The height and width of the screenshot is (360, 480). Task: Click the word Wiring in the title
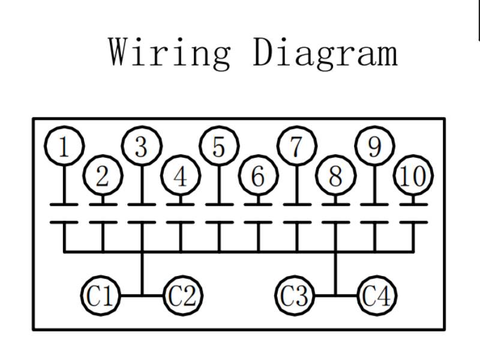click(170, 52)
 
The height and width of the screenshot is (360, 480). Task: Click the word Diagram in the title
click(325, 52)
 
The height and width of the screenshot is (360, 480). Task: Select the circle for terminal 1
click(64, 146)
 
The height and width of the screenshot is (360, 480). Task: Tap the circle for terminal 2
click(103, 176)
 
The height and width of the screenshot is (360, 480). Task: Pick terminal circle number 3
click(142, 146)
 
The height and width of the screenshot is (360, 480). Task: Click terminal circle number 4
click(181, 176)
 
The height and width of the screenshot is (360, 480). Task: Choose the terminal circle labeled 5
click(219, 146)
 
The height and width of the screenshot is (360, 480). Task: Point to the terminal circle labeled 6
click(258, 176)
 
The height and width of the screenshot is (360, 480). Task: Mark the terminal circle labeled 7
click(296, 146)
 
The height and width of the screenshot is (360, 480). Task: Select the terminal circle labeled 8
click(335, 176)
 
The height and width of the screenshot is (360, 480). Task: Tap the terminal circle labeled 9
click(374, 146)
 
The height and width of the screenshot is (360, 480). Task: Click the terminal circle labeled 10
click(413, 176)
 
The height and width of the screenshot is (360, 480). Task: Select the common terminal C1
click(100, 295)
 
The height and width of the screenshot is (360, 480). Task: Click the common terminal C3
click(295, 295)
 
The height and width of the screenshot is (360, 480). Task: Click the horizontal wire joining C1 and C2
click(142, 295)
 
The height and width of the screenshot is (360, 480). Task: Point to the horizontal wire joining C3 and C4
click(336, 295)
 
